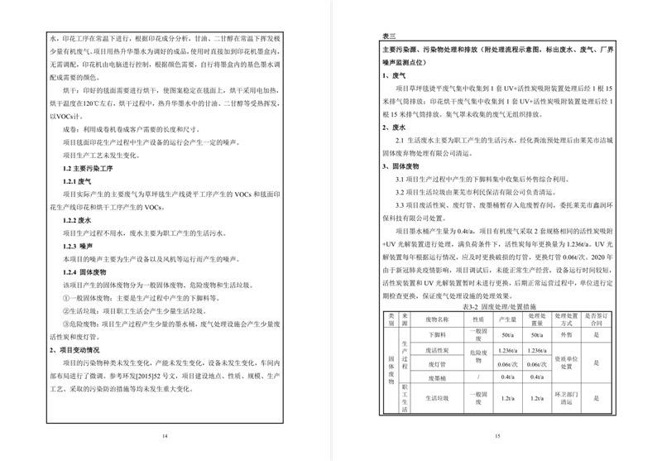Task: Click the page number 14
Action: [164, 436]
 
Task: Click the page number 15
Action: [497, 436]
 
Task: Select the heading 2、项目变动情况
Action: [78, 349]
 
